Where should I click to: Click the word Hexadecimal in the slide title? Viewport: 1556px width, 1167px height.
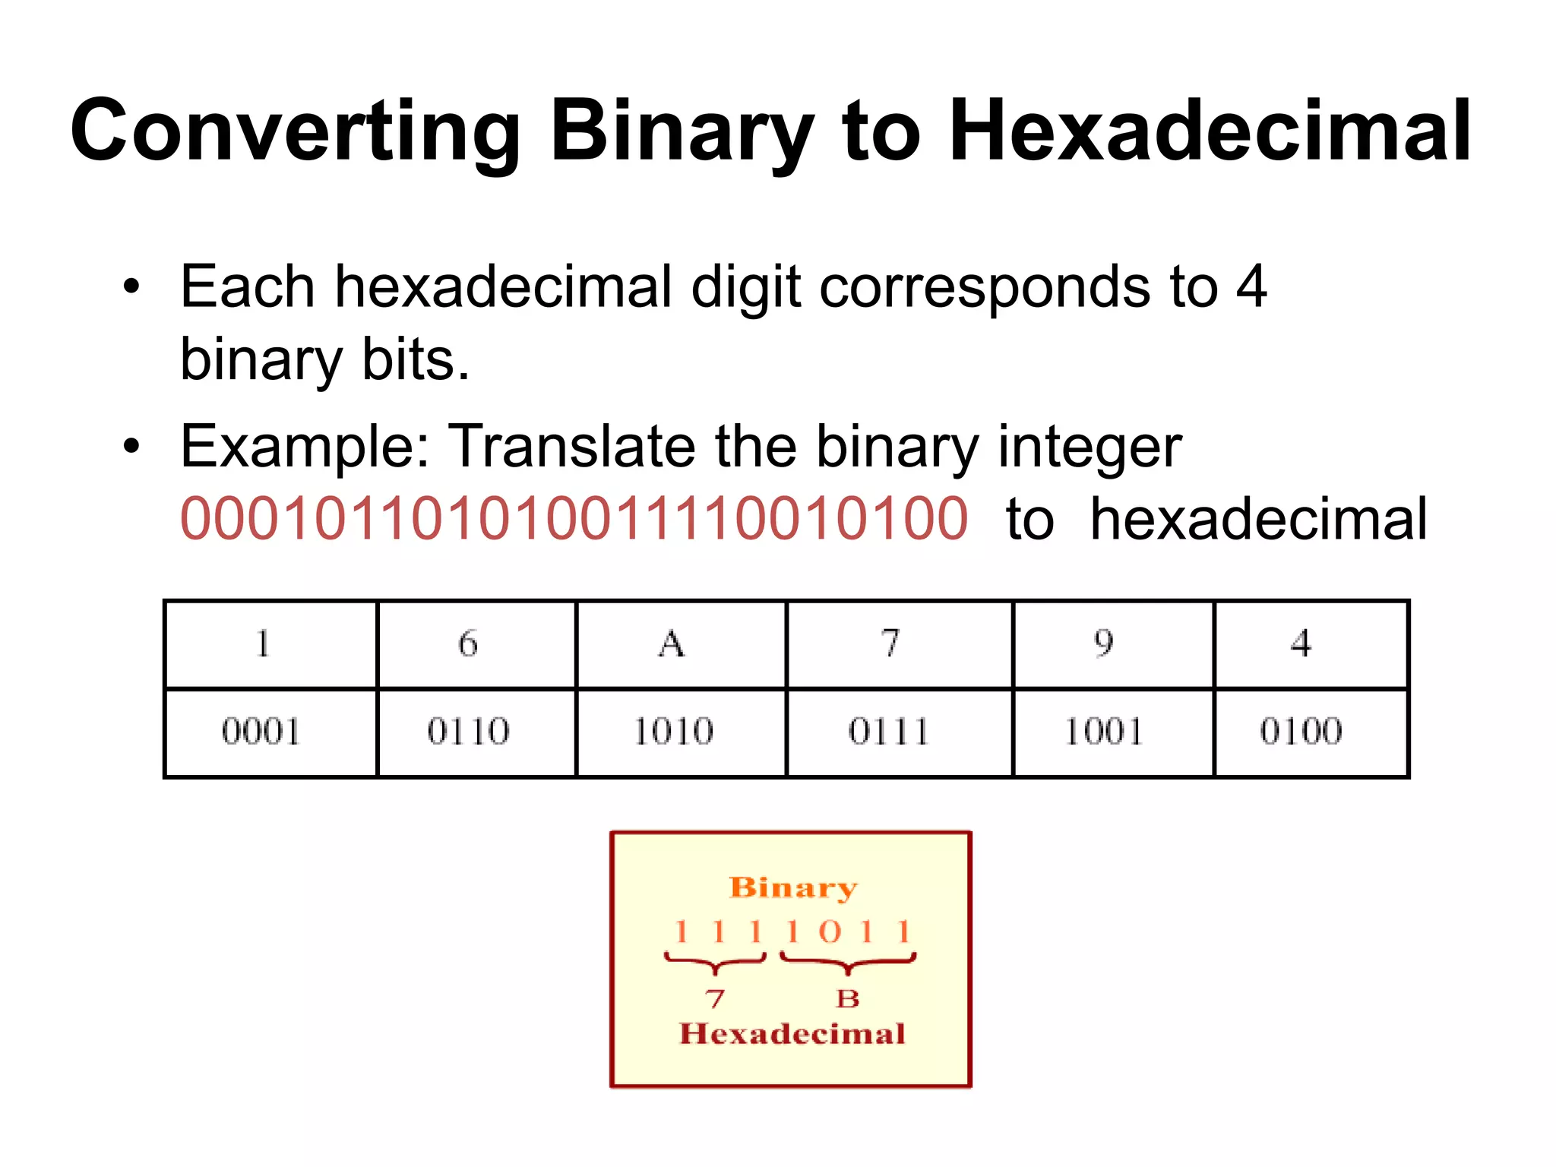1210,131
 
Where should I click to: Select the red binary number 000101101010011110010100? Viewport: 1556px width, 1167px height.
574,519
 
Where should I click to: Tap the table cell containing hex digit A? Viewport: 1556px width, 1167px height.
672,644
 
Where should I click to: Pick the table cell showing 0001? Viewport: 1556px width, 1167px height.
261,732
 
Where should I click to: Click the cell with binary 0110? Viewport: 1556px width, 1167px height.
468,732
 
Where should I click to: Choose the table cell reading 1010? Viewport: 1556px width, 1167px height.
673,732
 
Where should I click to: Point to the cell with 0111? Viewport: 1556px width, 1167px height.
889,732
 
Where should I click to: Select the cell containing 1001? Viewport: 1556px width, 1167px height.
1104,732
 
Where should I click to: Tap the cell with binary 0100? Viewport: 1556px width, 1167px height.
1301,732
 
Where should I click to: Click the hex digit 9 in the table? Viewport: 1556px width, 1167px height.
1104,644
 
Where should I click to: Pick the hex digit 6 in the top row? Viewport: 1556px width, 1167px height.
468,644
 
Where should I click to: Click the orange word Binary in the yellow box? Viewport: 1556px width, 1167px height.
792,887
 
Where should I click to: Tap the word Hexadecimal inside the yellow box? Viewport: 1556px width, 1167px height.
792,1034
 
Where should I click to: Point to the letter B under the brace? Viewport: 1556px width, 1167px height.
848,998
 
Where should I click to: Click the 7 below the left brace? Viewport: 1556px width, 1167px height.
714,998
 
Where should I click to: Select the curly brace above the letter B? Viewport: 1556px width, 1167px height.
848,963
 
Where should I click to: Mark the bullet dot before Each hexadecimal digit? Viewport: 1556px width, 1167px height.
132,287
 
